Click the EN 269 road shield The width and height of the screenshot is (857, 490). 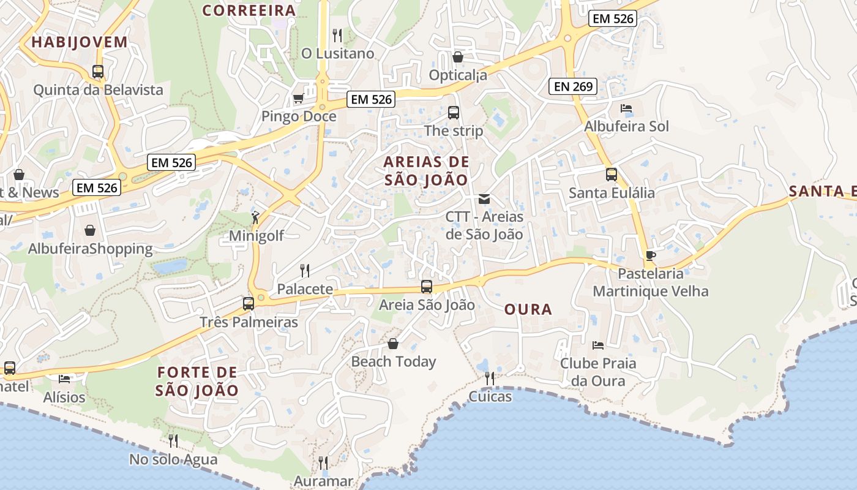(574, 86)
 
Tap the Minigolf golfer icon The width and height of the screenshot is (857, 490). (255, 217)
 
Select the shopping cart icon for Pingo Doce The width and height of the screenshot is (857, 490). (298, 98)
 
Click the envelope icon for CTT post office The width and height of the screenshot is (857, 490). (484, 198)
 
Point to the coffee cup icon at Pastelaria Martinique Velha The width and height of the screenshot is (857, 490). (650, 255)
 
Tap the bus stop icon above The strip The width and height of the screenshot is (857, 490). (453, 113)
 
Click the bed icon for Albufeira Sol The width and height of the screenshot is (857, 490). (626, 108)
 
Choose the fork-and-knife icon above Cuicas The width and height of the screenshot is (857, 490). (489, 378)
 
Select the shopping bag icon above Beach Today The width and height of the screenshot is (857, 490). (393, 344)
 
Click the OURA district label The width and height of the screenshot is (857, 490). (528, 309)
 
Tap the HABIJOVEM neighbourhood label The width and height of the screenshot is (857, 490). (80, 42)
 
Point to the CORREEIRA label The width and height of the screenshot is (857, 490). (249, 10)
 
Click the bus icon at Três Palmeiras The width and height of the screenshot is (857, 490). (248, 303)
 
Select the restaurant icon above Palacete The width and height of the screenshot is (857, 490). (304, 270)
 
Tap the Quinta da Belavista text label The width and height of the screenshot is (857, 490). (99, 90)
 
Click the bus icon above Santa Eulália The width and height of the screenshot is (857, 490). (611, 175)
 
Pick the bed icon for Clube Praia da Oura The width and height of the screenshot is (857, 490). (597, 345)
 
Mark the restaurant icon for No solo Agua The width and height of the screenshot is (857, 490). (173, 440)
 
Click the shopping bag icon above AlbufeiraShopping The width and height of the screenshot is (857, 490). (90, 230)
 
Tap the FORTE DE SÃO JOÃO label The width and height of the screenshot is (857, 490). (197, 381)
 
